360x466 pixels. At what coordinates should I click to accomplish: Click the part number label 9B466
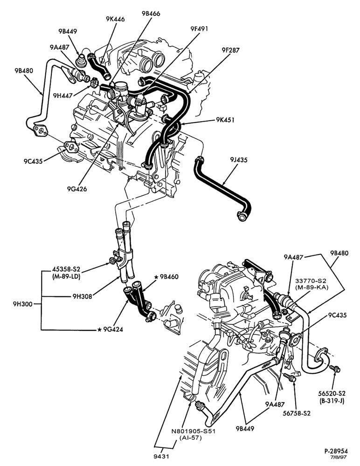151,14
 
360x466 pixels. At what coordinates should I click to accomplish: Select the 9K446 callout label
115,19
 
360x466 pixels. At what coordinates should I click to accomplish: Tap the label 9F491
199,29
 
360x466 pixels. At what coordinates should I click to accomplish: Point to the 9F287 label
230,50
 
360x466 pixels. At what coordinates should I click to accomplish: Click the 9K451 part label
225,120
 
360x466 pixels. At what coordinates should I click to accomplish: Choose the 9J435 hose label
239,160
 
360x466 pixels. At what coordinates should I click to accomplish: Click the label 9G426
77,189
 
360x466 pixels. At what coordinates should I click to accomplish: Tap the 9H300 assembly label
22,304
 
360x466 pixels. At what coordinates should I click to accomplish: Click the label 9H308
82,296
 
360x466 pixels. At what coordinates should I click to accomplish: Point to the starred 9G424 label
110,329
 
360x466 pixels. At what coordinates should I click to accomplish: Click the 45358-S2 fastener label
66,269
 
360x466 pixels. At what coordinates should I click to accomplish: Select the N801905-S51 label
193,431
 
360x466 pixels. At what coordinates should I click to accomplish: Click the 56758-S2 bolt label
296,413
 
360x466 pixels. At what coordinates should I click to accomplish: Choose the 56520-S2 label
332,393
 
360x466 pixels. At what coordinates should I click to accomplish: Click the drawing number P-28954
336,451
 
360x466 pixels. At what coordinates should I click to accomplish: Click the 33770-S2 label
311,281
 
